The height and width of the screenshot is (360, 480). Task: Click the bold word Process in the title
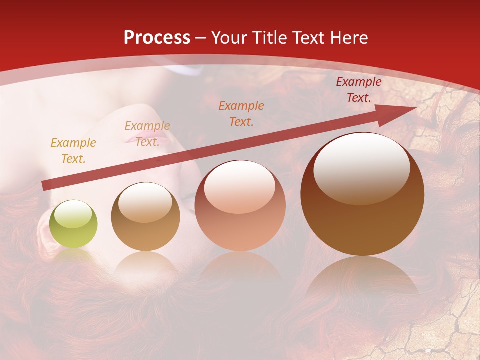pos(157,38)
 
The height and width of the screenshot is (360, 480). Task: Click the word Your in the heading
pos(229,38)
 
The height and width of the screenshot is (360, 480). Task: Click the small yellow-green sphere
pos(74,224)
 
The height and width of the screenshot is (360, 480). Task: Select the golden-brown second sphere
pos(145,217)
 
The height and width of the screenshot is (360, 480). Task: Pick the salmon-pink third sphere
pos(240,205)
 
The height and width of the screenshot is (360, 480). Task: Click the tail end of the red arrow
pos(44,186)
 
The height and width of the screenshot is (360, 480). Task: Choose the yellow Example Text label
pos(73,151)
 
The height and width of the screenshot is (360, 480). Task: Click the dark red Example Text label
pos(358,90)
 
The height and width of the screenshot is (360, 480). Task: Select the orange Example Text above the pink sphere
pos(241,113)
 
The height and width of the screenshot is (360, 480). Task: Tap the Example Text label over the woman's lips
pos(147,133)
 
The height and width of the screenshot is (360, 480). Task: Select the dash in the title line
pos(201,38)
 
